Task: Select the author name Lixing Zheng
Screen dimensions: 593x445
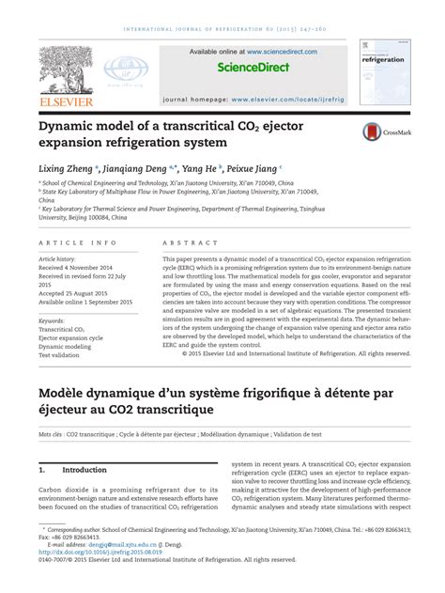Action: click(69, 166)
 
